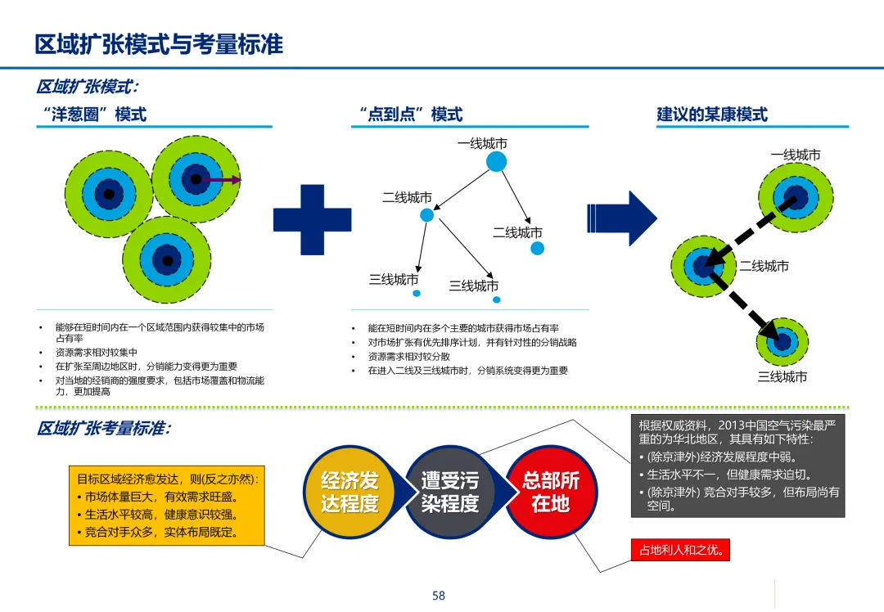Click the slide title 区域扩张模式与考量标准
(x=159, y=43)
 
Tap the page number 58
(x=439, y=596)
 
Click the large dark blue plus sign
(x=312, y=219)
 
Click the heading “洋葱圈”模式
(x=92, y=115)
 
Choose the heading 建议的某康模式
(x=712, y=115)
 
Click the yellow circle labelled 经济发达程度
(x=350, y=492)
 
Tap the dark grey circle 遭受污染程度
(x=450, y=492)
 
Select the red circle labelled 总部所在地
(x=550, y=492)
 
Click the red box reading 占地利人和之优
(x=679, y=550)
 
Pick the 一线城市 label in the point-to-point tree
(x=482, y=144)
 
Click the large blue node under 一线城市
(x=496, y=162)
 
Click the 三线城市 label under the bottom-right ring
(x=783, y=377)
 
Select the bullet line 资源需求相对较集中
(x=97, y=353)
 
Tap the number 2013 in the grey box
(x=733, y=425)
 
